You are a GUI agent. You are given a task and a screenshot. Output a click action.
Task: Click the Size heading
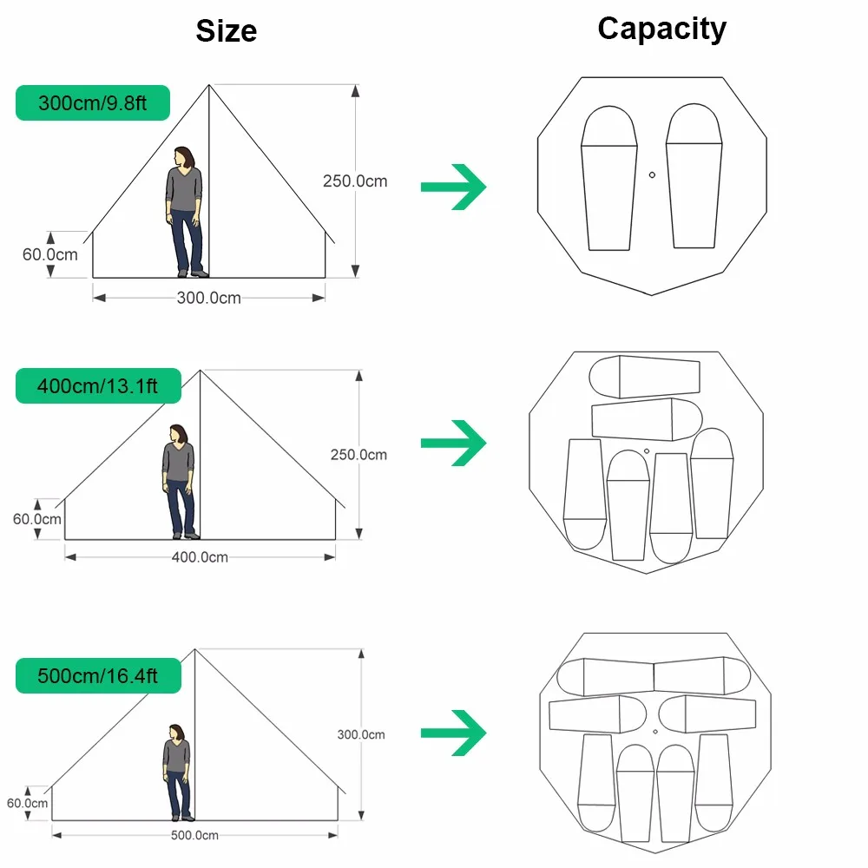coord(227,31)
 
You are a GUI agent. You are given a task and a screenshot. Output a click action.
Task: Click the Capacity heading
coord(662,29)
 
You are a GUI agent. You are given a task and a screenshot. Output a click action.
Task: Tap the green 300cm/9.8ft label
coord(93,103)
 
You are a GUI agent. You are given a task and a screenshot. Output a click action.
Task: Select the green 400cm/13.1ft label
coord(98,386)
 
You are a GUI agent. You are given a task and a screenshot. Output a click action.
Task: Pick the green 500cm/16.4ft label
coord(98,676)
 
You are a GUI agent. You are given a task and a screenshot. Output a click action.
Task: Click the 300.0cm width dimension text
coord(208,298)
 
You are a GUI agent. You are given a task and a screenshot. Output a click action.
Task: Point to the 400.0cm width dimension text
coord(200,557)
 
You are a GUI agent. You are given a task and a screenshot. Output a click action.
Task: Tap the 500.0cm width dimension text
coord(194,835)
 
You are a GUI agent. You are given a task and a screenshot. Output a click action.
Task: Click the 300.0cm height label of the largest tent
coord(361,734)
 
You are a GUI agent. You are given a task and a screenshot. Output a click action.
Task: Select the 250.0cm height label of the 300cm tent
coord(355,181)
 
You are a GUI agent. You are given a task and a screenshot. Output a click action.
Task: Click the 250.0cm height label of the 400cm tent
coord(358,455)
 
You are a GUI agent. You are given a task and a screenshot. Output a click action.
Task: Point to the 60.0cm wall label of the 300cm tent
coord(49,254)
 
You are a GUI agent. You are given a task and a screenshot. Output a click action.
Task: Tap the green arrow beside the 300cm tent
coord(453,187)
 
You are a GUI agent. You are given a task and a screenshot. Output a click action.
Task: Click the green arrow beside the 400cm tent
coord(453,443)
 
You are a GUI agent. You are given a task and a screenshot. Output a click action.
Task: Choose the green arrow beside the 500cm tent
coord(453,733)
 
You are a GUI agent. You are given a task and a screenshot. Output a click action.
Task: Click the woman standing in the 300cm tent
coord(186,212)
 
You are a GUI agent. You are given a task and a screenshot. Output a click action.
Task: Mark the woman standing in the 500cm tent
coord(178,773)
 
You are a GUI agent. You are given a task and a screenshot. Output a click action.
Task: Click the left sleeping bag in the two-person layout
coord(609,178)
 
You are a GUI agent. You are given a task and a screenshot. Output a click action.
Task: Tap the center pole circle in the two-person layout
coord(652,175)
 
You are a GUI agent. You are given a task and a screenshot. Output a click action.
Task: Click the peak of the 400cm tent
coord(200,371)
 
